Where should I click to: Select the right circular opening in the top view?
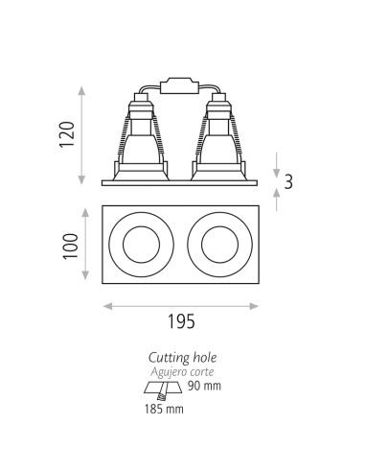[x=220, y=244]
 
